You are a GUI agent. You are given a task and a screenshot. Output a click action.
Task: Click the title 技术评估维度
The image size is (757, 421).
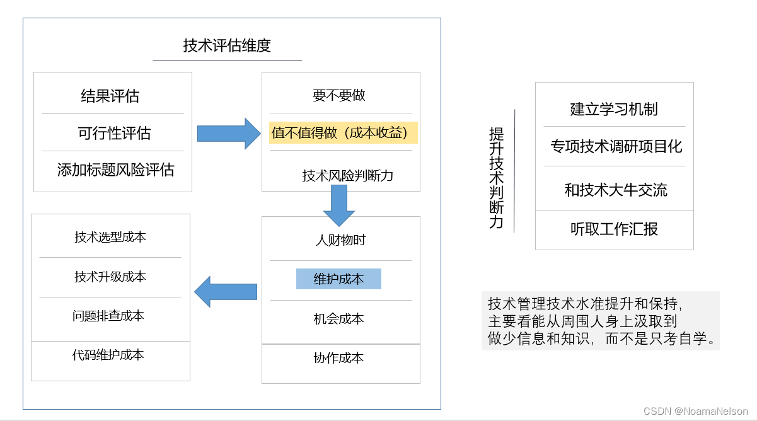click(x=227, y=46)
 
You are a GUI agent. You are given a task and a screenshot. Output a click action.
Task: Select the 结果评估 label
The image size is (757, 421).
click(x=110, y=96)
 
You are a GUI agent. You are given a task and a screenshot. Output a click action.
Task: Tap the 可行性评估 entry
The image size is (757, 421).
click(x=114, y=134)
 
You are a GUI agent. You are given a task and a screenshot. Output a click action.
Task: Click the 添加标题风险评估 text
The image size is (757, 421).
click(x=115, y=170)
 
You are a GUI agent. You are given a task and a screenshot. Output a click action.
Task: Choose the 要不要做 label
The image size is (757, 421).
click(x=339, y=96)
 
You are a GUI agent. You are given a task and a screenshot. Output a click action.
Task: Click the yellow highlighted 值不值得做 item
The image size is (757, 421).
click(x=344, y=133)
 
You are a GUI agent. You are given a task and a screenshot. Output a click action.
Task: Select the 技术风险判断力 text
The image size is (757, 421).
click(x=348, y=176)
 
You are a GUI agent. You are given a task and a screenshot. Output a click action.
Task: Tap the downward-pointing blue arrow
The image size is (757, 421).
click(x=339, y=205)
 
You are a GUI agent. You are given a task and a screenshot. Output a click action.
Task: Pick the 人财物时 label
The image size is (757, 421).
click(x=340, y=240)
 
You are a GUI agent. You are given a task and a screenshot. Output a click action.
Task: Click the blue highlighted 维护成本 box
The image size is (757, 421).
click(x=338, y=279)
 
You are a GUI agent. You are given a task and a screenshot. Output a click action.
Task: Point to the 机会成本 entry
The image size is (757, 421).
click(x=339, y=319)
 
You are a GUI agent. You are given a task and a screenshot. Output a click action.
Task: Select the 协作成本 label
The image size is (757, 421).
click(x=339, y=358)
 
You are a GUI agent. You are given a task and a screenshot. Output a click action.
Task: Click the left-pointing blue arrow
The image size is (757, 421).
click(x=226, y=292)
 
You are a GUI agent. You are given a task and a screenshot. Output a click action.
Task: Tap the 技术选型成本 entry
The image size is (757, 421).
click(x=110, y=238)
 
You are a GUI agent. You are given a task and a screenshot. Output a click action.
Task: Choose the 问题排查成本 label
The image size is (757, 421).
click(x=108, y=316)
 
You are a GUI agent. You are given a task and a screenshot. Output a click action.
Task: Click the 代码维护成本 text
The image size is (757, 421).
click(x=108, y=355)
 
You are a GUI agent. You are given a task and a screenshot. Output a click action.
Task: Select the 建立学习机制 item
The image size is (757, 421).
click(x=614, y=109)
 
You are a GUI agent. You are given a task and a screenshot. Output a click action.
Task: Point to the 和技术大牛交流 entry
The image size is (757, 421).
click(x=616, y=190)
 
